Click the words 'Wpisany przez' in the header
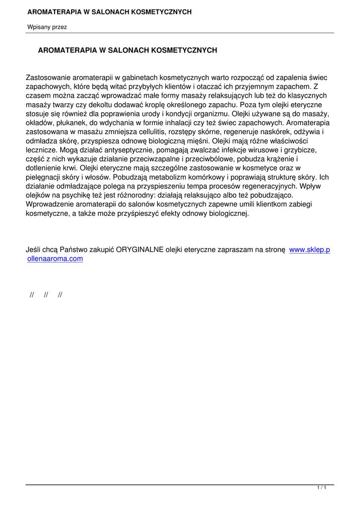(47, 27)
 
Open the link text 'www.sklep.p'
(309, 250)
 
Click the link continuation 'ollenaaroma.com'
(55, 258)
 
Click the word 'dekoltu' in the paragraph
(115, 105)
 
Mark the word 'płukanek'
(72, 123)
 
